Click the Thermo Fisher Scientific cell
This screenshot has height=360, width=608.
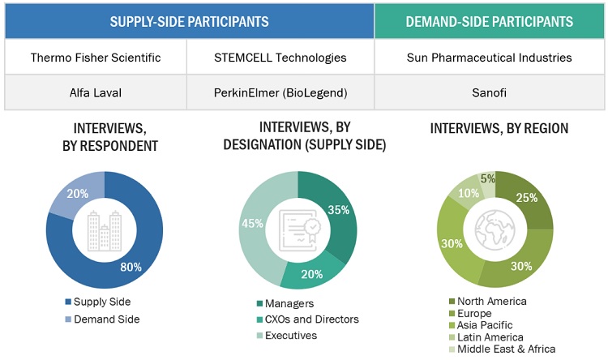pyautogui.click(x=96, y=58)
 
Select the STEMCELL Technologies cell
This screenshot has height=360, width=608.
pyautogui.click(x=280, y=58)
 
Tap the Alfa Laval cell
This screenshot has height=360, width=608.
pyautogui.click(x=96, y=92)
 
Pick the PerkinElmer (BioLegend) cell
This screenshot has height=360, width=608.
pyautogui.click(x=280, y=92)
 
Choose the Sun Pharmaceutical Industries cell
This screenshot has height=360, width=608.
pyautogui.click(x=490, y=58)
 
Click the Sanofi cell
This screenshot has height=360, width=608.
pyautogui.click(x=490, y=92)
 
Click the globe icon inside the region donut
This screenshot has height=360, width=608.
pyautogui.click(x=495, y=230)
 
